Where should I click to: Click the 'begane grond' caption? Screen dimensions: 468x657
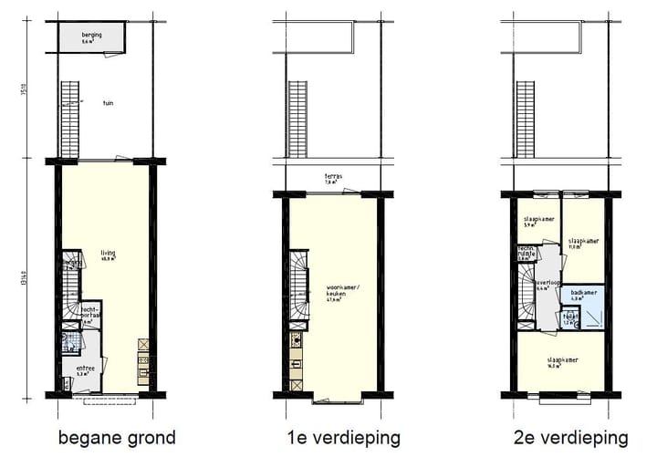(x=117, y=438)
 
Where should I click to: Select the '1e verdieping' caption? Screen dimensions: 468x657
(x=338, y=438)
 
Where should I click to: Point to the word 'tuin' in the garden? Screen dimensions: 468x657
(x=108, y=103)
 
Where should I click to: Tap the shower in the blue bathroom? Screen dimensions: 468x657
(x=592, y=316)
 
